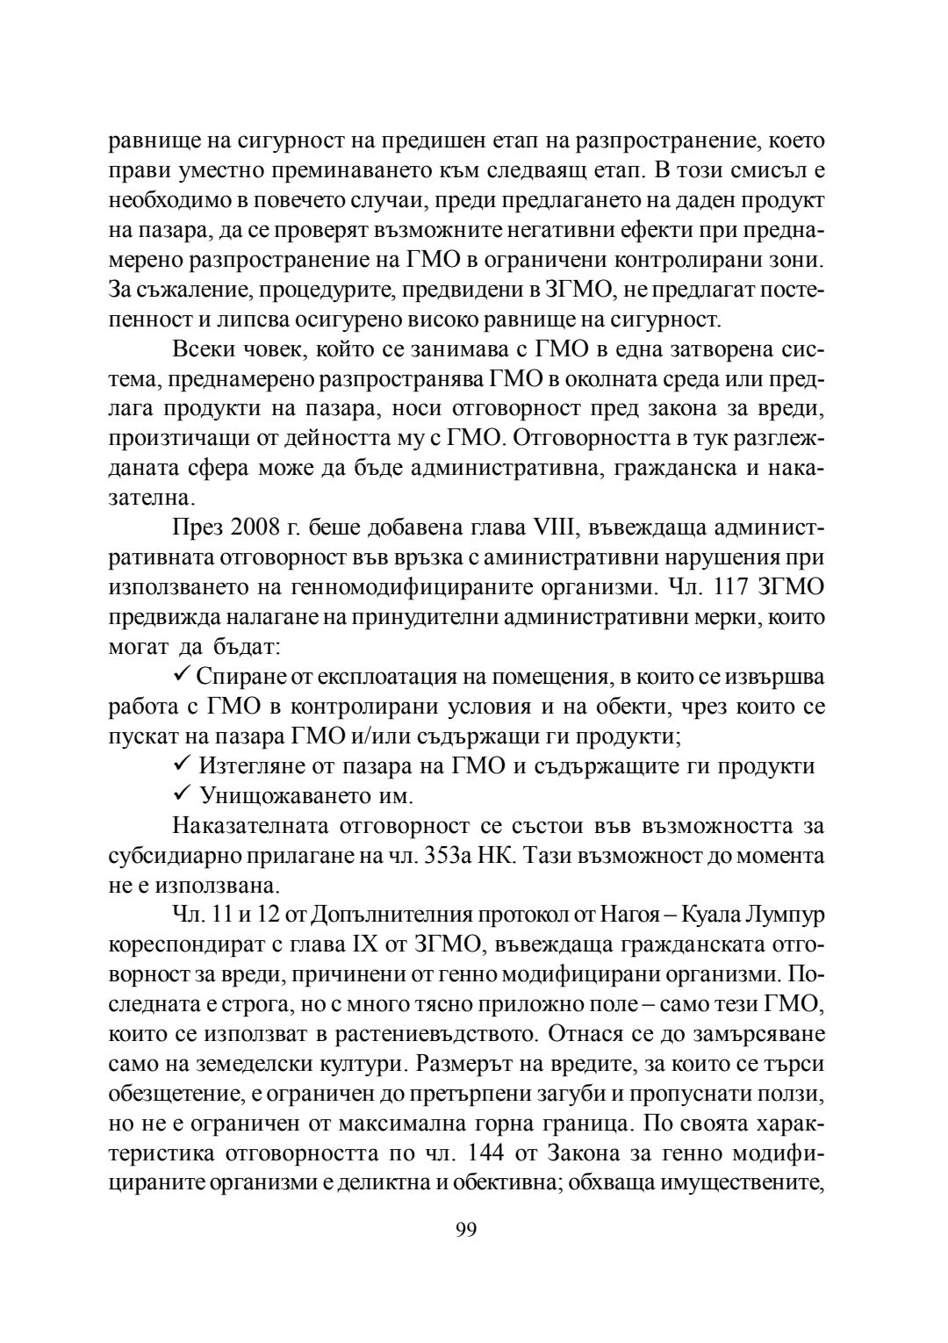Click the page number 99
pos(466,1230)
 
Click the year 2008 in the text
pos(256,529)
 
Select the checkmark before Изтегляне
pos(183,765)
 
